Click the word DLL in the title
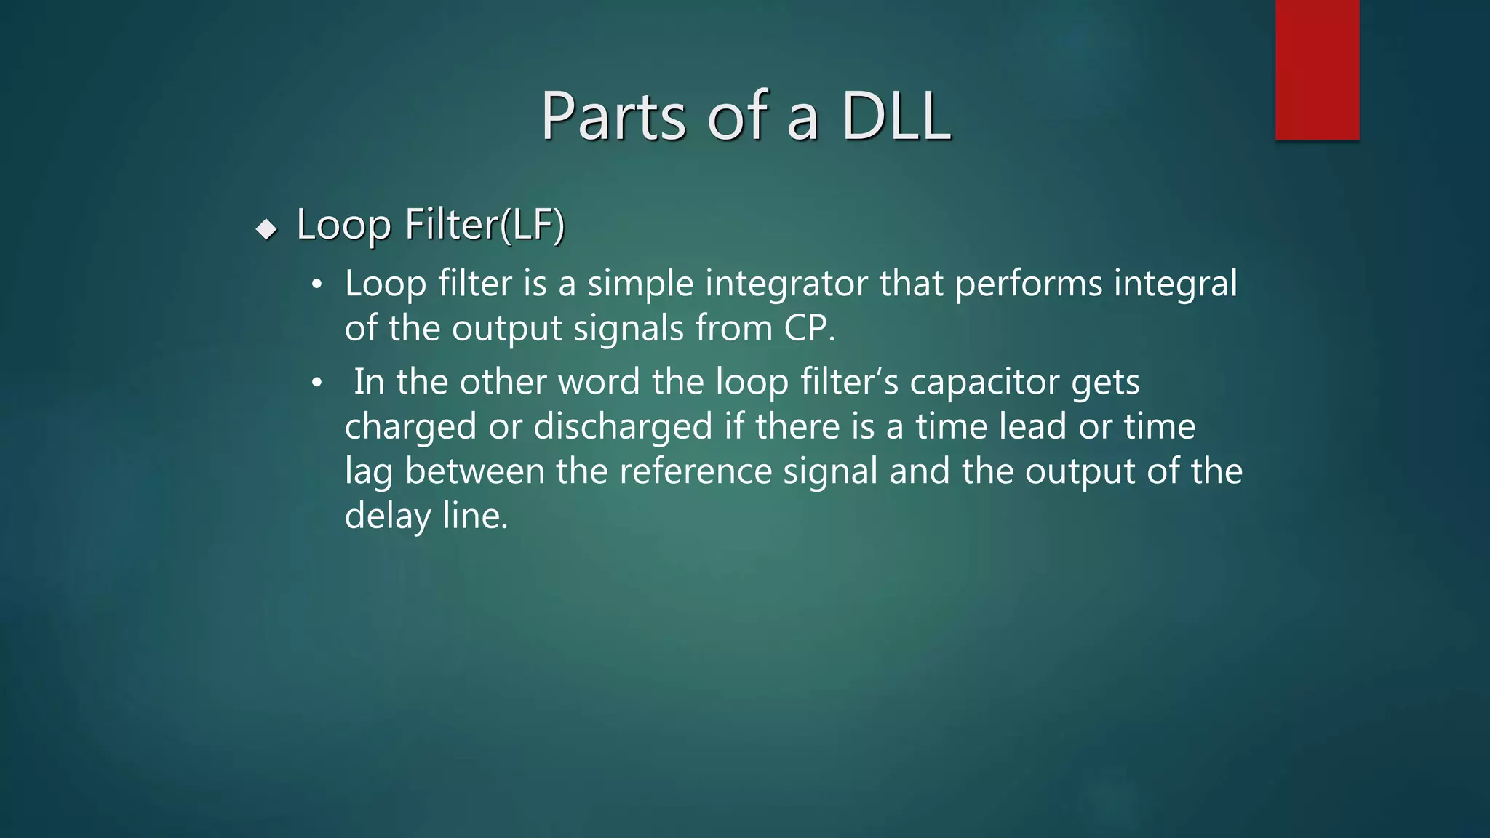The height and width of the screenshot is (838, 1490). coord(896,116)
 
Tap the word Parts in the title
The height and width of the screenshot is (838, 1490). coord(613,116)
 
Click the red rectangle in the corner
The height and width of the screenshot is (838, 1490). coord(1317,70)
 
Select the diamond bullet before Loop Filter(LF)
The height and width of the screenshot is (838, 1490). coord(267,230)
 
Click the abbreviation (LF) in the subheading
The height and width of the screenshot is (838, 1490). coord(533,224)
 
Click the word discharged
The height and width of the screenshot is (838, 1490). coord(623,427)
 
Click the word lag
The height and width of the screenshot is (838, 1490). coord(368,472)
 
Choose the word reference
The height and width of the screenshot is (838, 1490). coord(696,471)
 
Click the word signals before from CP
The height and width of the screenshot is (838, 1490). coord(629,329)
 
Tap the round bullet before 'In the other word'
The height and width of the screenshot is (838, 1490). coord(316,383)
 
